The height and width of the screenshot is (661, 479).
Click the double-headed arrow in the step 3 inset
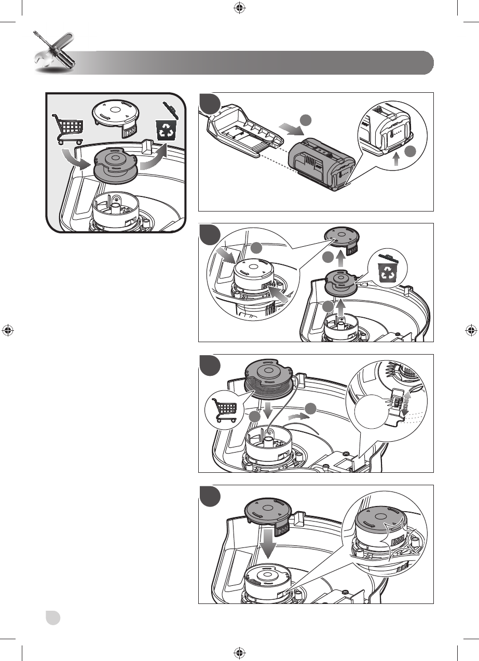406,402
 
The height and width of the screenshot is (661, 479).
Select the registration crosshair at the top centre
239,7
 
